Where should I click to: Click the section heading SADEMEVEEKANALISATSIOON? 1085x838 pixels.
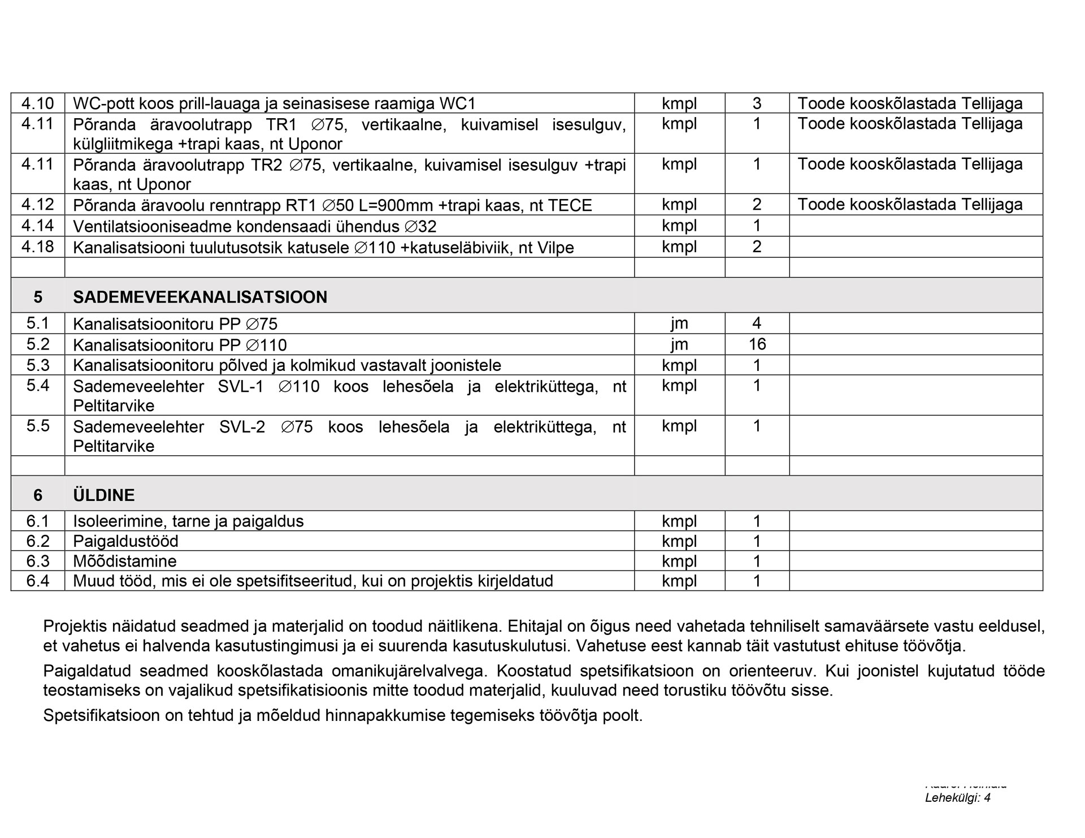pyautogui.click(x=200, y=297)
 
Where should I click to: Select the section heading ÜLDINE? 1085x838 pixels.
pyautogui.click(x=104, y=495)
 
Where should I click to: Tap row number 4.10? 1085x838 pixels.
pyautogui.click(x=38, y=103)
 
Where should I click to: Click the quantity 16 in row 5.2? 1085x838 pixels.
pyautogui.click(x=757, y=344)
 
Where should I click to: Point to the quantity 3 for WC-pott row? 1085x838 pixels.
pyautogui.click(x=757, y=103)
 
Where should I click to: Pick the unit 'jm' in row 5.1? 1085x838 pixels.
pyautogui.click(x=679, y=323)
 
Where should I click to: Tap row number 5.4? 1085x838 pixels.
pyautogui.click(x=38, y=386)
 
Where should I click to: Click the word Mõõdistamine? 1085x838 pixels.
pyautogui.click(x=125, y=561)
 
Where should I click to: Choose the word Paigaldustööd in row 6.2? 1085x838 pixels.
pyautogui.click(x=125, y=541)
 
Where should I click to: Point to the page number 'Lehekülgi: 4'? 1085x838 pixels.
pyautogui.click(x=958, y=798)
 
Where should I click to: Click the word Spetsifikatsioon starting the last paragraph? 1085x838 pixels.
pyautogui.click(x=102, y=715)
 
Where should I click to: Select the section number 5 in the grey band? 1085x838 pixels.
pyautogui.click(x=38, y=297)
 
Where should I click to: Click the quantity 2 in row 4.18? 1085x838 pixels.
pyautogui.click(x=757, y=247)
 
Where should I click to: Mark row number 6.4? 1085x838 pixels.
pyautogui.click(x=38, y=581)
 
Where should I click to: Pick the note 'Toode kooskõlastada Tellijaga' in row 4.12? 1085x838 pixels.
pyautogui.click(x=910, y=204)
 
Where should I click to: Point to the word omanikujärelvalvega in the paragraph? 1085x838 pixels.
pyautogui.click(x=408, y=671)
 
